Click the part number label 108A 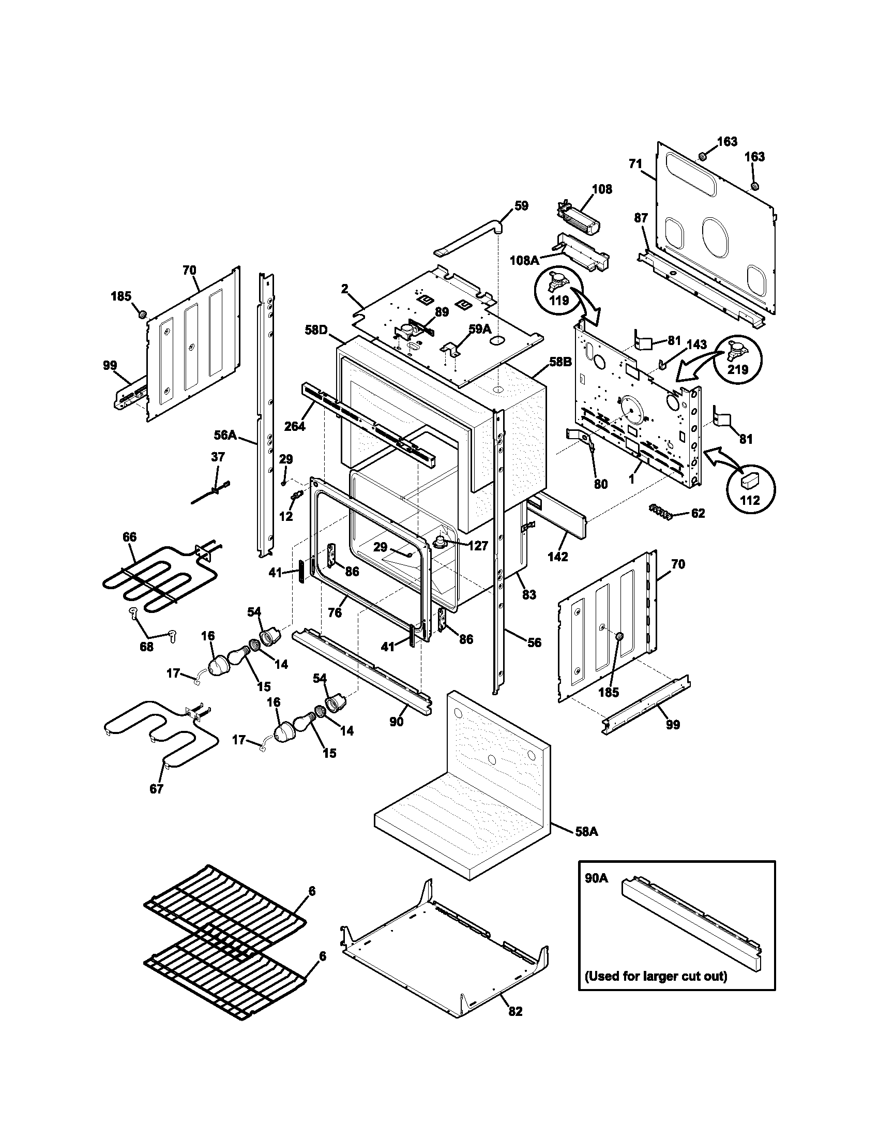click(524, 260)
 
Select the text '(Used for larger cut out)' click(656, 977)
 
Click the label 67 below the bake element click(156, 788)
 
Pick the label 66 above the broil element click(129, 537)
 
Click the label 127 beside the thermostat click(478, 546)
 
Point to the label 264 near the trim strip click(295, 426)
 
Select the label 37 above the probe click(218, 457)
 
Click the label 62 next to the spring click(698, 513)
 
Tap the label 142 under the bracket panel click(558, 557)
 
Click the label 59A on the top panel click(480, 329)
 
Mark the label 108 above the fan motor click(602, 189)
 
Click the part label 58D click(316, 330)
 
